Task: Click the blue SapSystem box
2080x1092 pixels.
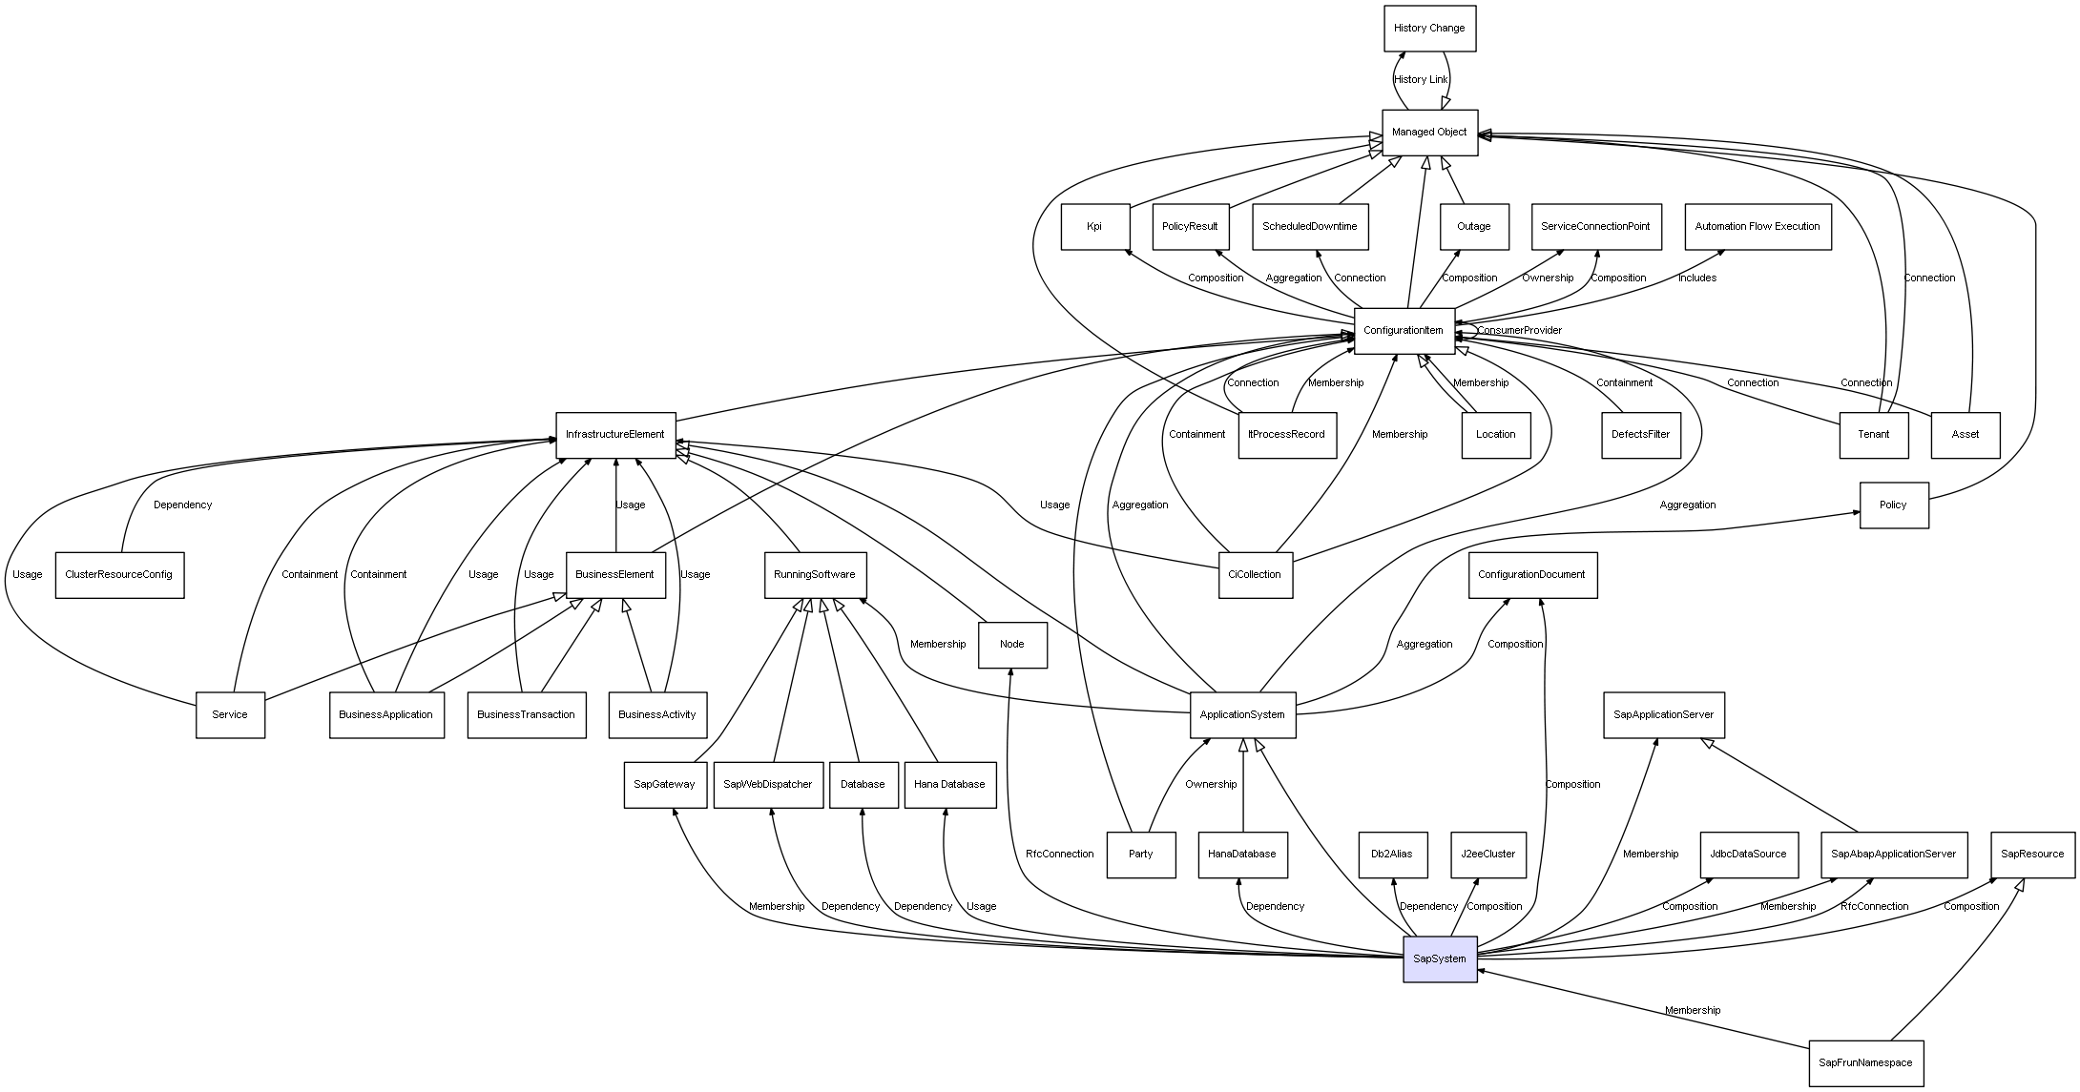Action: coord(1439,958)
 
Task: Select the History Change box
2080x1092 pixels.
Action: coord(1429,29)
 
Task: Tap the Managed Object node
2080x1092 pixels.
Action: coord(1429,133)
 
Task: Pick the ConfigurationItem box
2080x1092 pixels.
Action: coord(1404,331)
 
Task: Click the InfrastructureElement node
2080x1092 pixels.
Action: coord(615,435)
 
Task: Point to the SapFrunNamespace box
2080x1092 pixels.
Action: coord(1865,1062)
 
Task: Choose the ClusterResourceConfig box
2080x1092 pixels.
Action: coord(119,575)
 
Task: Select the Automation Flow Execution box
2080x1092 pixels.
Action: coord(1758,227)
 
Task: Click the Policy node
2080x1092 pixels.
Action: coord(1893,505)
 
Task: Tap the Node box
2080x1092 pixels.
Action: coord(1012,645)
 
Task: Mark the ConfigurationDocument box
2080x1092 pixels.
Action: coord(1531,575)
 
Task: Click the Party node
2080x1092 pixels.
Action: coord(1141,855)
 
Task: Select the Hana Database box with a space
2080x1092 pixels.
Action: coord(949,785)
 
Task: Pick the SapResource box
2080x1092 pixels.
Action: coord(2032,855)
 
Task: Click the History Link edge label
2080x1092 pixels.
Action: coord(1421,80)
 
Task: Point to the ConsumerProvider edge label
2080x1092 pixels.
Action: coord(1519,331)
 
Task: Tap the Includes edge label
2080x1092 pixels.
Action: coord(1697,278)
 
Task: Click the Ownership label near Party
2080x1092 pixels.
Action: coord(1211,785)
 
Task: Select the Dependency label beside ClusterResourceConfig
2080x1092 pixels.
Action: coord(182,505)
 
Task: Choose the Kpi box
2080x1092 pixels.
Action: coord(1094,227)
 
